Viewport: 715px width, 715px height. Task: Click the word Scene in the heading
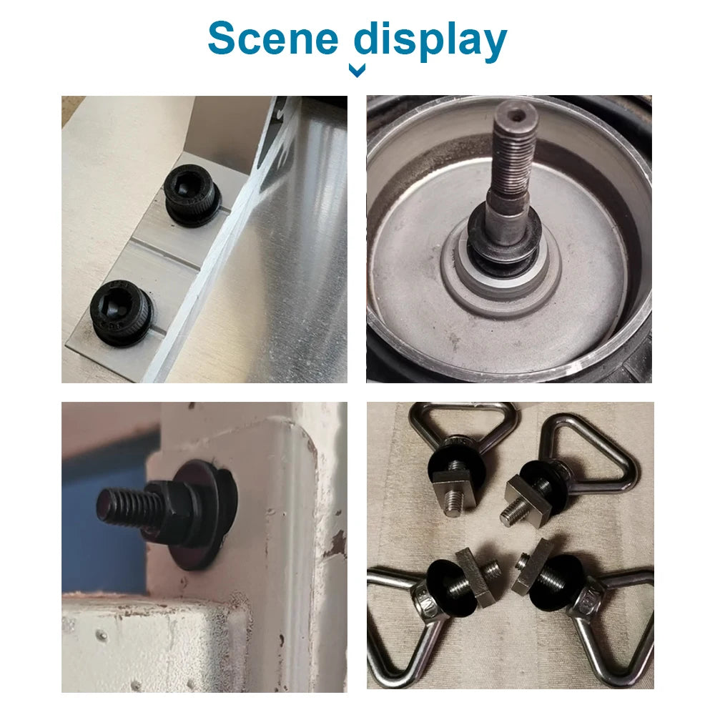click(x=272, y=39)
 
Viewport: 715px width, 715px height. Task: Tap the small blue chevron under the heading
click(x=357, y=70)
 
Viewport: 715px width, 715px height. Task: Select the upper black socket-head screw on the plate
click(x=192, y=194)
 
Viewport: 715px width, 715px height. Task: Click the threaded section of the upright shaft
click(x=513, y=155)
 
